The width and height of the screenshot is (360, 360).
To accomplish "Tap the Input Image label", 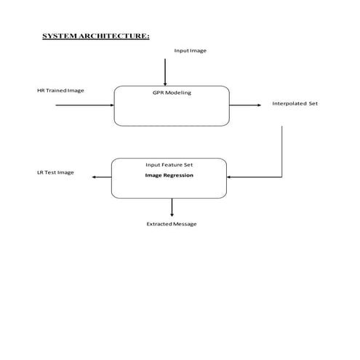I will tap(190, 50).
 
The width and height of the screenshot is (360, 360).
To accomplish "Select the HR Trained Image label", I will tap(61, 90).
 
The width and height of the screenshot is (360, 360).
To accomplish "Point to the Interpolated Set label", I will tap(295, 104).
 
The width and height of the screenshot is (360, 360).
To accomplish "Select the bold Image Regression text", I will tap(169, 175).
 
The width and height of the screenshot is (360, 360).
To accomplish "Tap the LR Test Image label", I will tap(55, 173).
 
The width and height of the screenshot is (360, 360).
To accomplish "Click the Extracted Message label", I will tap(172, 224).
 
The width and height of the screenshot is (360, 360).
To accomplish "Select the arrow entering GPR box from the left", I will tap(84, 105).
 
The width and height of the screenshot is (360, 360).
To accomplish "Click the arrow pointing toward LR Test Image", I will tap(100, 177).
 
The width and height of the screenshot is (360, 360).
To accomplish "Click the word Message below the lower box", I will tap(184, 224).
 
